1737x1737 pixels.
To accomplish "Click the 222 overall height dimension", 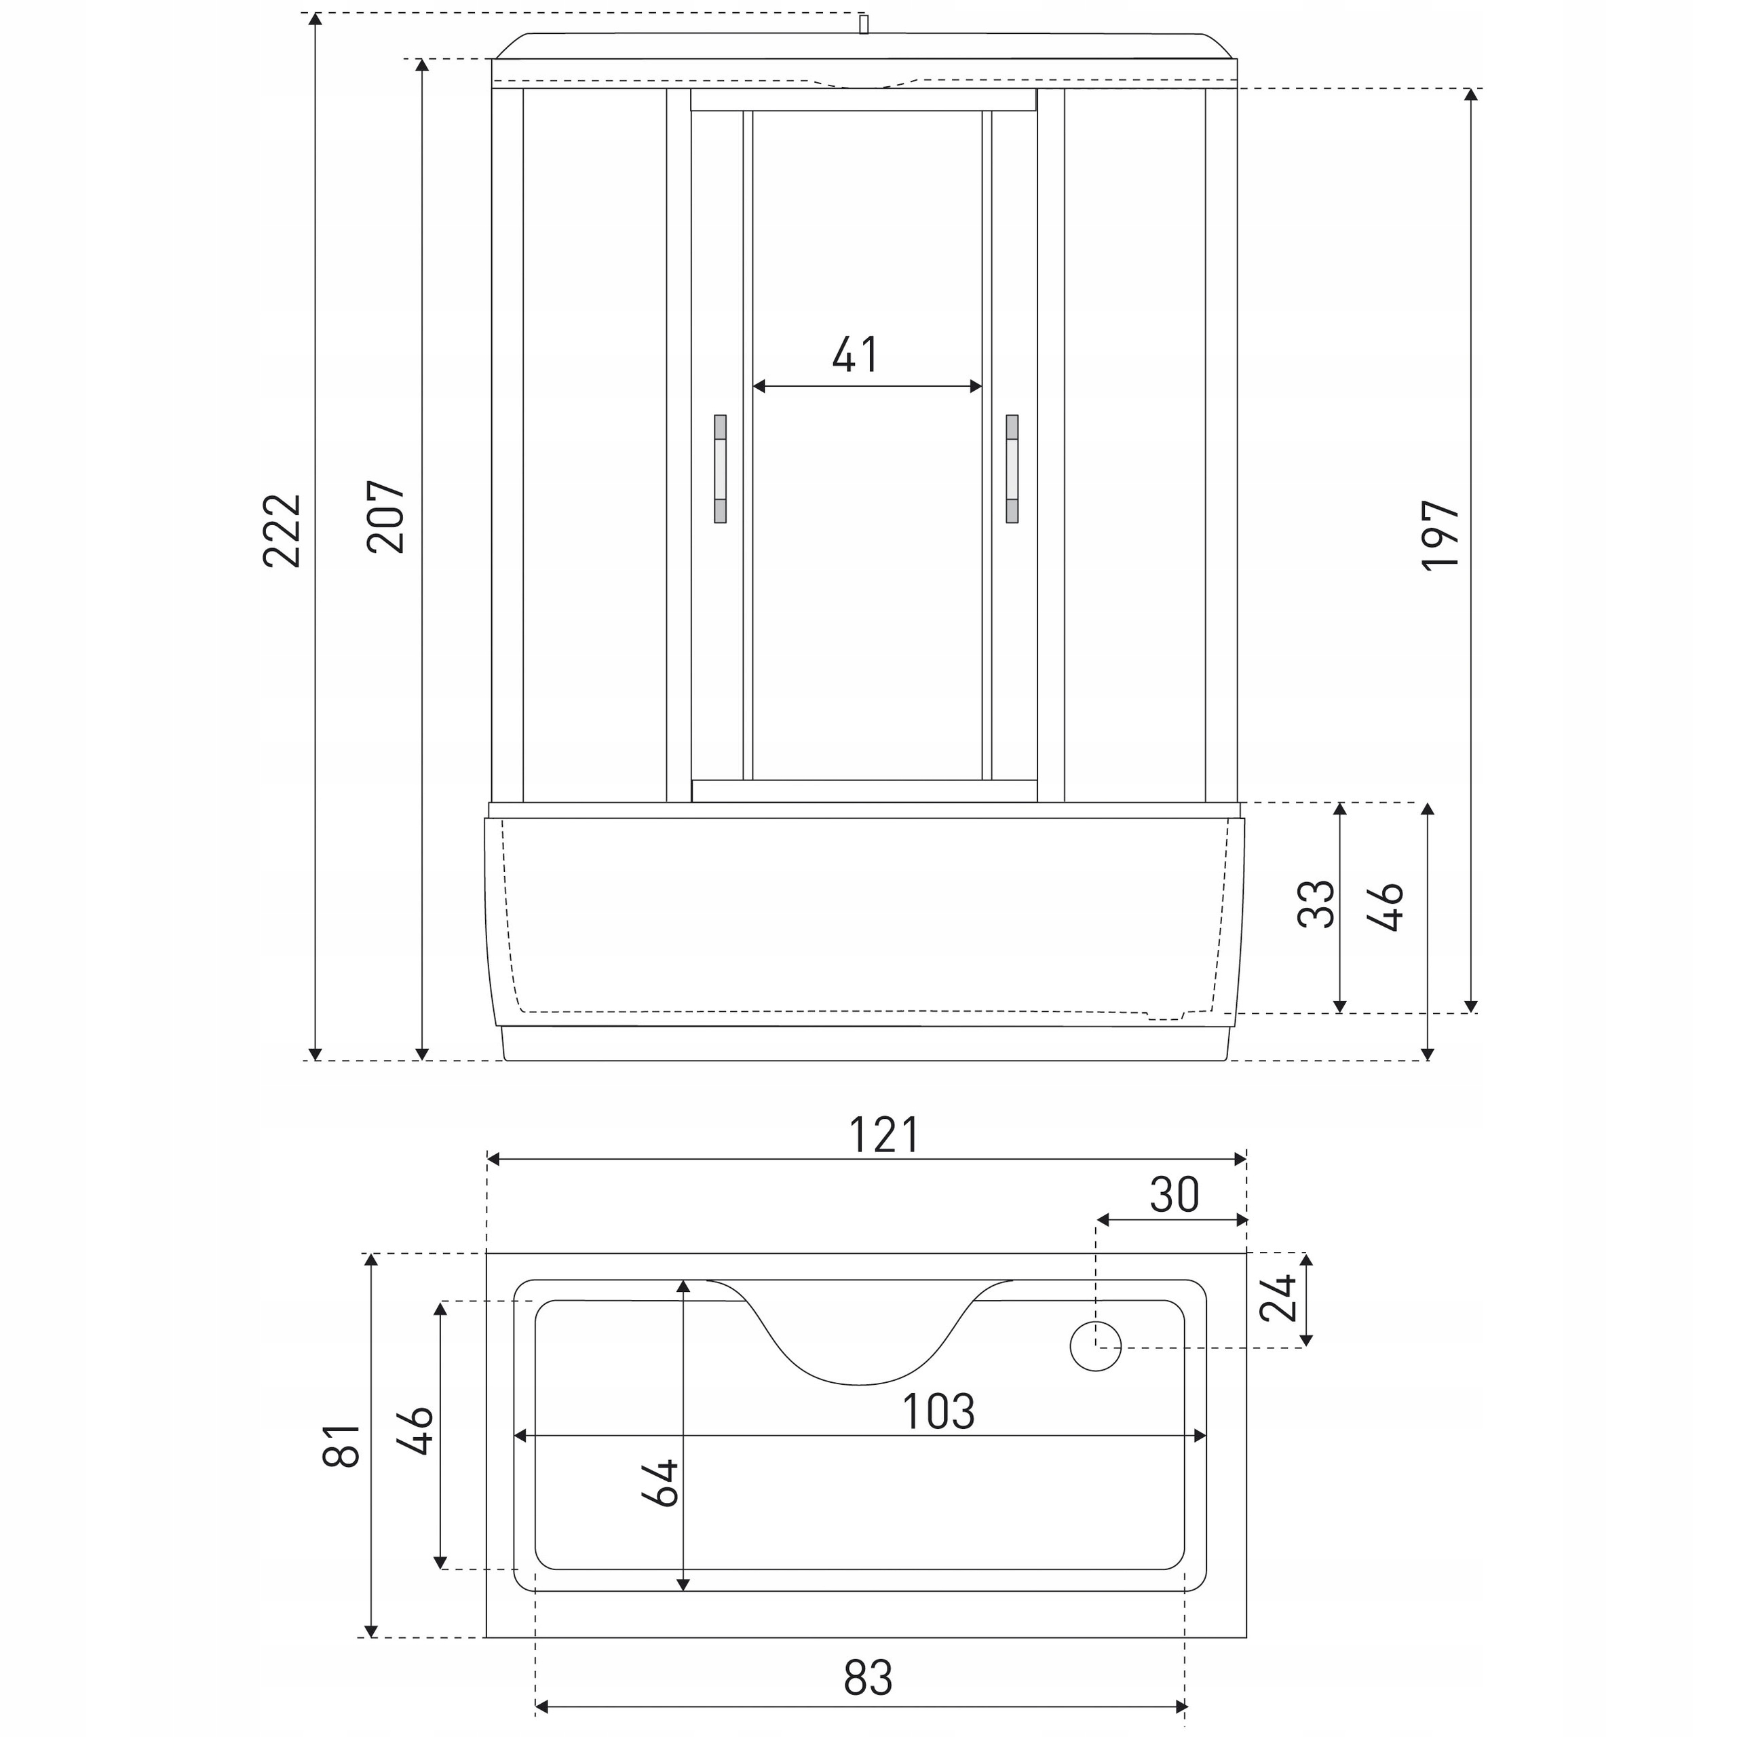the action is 282,531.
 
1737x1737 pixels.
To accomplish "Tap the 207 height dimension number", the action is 387,517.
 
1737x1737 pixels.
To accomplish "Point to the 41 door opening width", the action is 855,354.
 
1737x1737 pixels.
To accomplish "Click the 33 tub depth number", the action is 1317,904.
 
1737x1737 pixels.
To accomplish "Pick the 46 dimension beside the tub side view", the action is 1386,906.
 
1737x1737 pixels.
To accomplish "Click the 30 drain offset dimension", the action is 1175,1195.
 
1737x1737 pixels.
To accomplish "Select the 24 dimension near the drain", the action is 1278,1297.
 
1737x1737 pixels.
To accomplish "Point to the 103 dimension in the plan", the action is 938,1411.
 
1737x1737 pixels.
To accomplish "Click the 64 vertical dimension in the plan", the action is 661,1482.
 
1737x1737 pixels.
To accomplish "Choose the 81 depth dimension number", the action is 342,1446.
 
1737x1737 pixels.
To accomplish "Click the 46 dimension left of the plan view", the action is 416,1430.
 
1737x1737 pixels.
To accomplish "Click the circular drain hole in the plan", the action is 1096,1346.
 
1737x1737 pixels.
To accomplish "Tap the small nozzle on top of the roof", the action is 864,24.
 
